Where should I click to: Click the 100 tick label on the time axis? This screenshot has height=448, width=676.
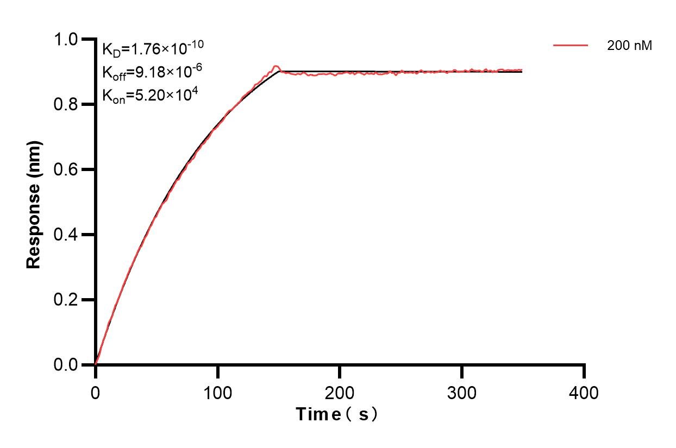click(217, 392)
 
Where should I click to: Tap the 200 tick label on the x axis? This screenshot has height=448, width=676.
click(340, 392)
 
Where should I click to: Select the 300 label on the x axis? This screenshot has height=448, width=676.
click(462, 392)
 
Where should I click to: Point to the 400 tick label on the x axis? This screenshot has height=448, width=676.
click(584, 392)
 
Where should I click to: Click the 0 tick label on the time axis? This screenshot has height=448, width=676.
click(96, 392)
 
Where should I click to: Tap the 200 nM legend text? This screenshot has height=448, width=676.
click(629, 46)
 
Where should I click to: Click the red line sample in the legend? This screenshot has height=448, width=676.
click(571, 46)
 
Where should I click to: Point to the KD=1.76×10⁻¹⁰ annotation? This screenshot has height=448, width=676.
click(153, 49)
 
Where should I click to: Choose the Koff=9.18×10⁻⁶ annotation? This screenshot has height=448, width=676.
click(153, 72)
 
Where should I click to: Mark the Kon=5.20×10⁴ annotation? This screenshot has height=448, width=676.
click(149, 96)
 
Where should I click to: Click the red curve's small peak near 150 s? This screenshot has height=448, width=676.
click(276, 66)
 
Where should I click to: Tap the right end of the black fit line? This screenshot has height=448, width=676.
click(522, 72)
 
